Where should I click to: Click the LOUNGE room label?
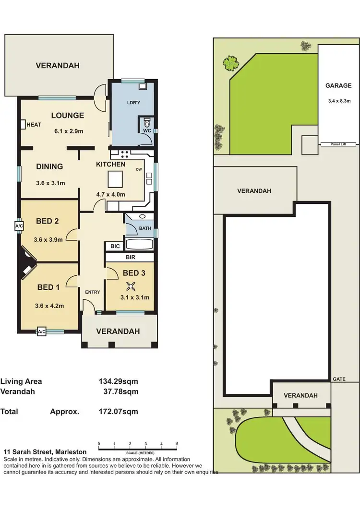[x=68, y=116]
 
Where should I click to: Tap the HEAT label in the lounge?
[x=34, y=125]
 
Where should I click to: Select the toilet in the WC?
[x=146, y=122]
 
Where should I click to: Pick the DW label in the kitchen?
[x=139, y=169]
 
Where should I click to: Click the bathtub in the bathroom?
[x=139, y=245]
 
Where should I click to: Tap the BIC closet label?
[x=115, y=247]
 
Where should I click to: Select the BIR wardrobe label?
[x=130, y=258]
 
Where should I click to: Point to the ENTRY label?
[x=93, y=292]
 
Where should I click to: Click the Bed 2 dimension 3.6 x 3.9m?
[x=49, y=240]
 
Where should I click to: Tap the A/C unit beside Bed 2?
[x=19, y=225]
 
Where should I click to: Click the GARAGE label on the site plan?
[x=338, y=86]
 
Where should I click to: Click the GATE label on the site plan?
[x=339, y=379]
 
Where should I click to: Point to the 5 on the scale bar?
[x=177, y=444]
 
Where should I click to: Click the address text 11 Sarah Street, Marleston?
[x=45, y=452]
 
